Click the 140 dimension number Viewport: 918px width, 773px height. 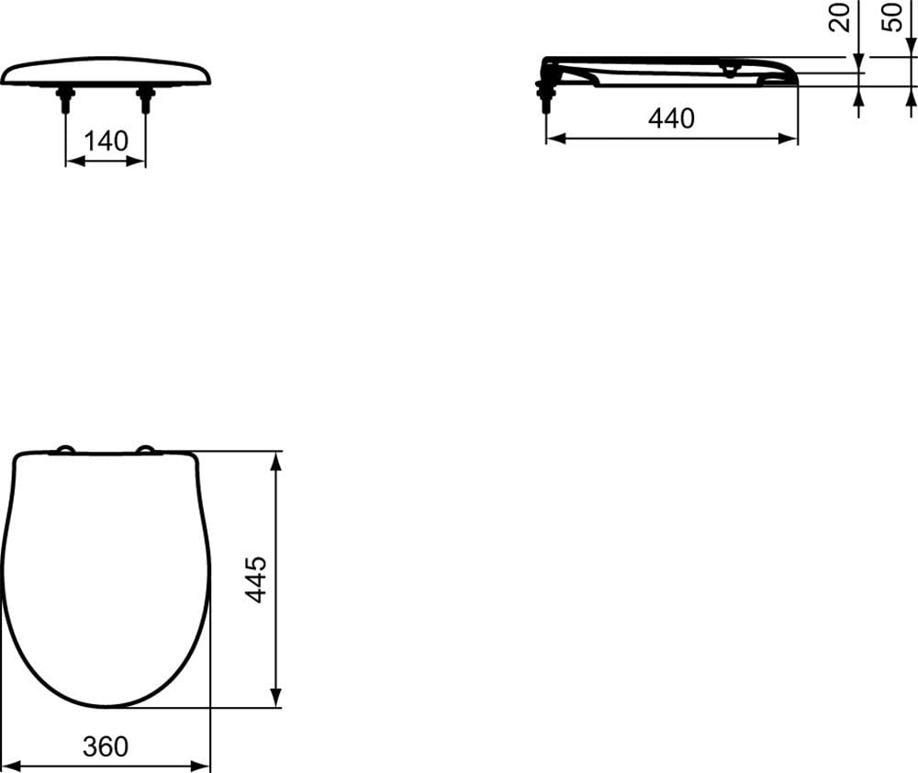click(106, 141)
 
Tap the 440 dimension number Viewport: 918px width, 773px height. click(672, 118)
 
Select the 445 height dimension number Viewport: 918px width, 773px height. click(256, 580)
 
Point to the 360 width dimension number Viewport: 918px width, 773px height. click(106, 746)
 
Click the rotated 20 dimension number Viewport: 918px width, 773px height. click(840, 17)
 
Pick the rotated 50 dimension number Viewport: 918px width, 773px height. click(892, 17)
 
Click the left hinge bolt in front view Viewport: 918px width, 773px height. click(65, 98)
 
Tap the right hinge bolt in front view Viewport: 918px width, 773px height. click(145, 98)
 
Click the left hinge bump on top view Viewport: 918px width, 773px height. click(64, 449)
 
